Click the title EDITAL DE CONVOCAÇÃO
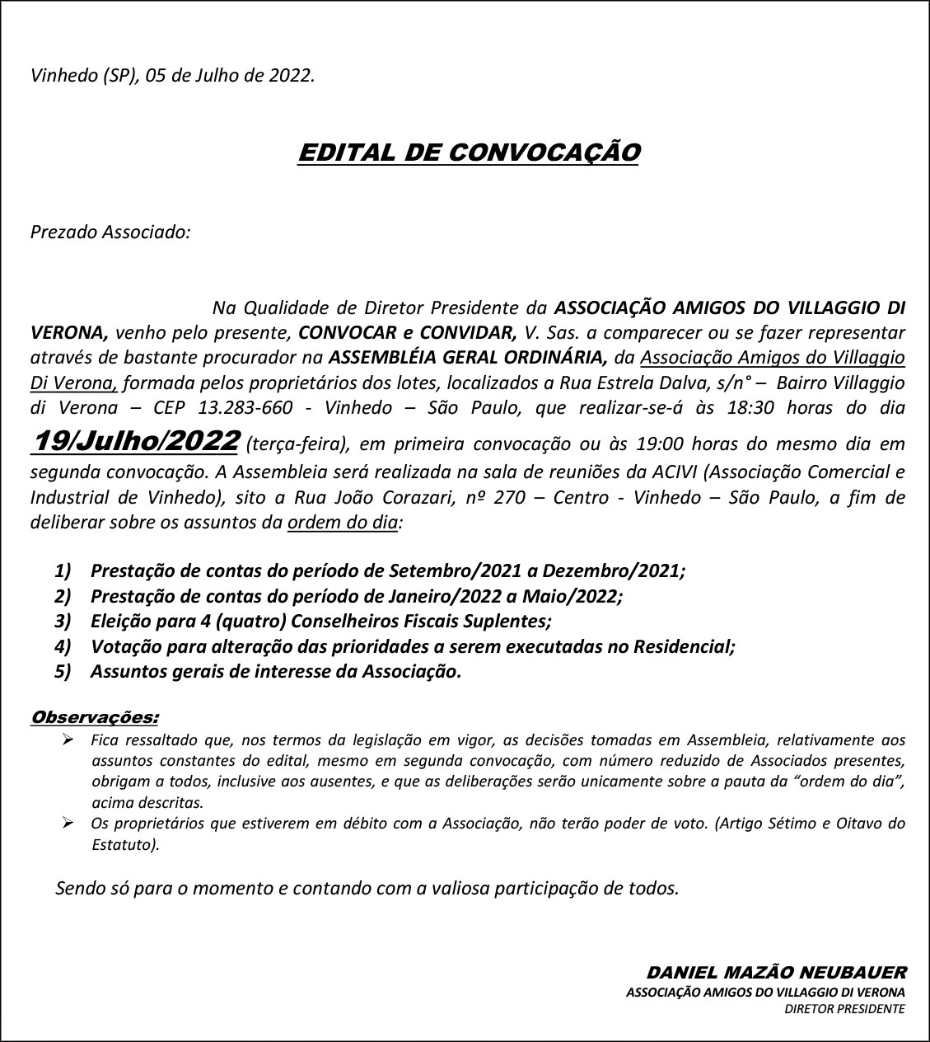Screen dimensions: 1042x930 coord(468,153)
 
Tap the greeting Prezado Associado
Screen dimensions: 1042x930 coord(110,232)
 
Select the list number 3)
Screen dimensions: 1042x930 coord(63,621)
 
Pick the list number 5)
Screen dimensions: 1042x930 coord(63,671)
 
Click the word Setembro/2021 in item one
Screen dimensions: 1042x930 coord(451,570)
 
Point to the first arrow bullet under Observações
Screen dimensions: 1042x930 coord(69,739)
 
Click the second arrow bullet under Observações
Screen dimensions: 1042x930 coord(69,823)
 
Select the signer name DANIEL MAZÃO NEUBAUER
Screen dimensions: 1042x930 coord(776,973)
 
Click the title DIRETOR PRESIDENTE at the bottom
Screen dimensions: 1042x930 coord(844,1008)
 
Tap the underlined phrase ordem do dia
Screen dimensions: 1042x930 coord(343,522)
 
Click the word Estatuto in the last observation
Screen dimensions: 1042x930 coord(123,844)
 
